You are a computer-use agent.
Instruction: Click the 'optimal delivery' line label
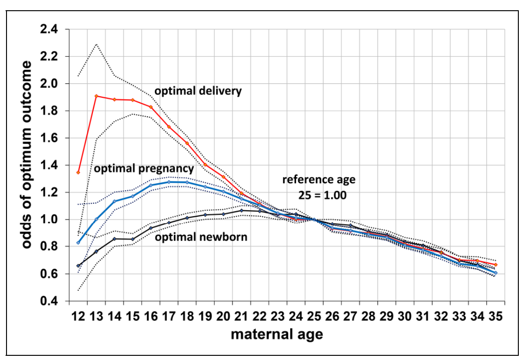click(198, 91)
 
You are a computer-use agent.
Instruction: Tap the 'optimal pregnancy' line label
click(144, 168)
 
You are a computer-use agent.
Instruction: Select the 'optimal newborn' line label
click(201, 237)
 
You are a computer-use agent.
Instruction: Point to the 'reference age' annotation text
click(319, 180)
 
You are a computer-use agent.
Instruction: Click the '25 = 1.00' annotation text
click(322, 195)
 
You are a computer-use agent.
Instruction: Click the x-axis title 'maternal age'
click(277, 334)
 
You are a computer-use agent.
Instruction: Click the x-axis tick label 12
click(79, 316)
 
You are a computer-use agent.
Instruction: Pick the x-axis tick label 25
click(314, 316)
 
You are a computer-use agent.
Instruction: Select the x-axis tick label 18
click(187, 316)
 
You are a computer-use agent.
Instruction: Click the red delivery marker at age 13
click(96, 96)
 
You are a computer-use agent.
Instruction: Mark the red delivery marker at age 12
click(78, 173)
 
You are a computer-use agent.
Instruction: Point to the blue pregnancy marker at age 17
click(169, 182)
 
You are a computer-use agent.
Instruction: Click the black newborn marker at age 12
click(78, 266)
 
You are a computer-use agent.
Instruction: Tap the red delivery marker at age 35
click(496, 265)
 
